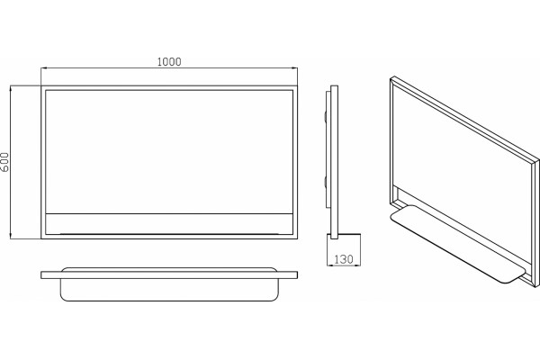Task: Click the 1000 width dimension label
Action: coord(169,62)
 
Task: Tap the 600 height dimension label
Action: coord(4,162)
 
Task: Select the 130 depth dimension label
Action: coord(344,259)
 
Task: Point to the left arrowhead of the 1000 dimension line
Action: coord(44,68)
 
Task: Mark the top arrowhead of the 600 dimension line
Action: coord(11,89)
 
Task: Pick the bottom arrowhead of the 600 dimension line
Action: coord(11,235)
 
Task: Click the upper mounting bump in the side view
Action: coord(325,116)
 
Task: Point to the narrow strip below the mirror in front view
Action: coord(169,224)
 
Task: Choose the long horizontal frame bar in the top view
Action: coord(169,274)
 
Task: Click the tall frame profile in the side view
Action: coord(334,162)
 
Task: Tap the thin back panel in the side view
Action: coord(328,149)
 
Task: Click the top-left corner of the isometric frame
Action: coord(391,78)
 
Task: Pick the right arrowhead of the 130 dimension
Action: coord(357,265)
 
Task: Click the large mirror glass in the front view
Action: coord(169,151)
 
